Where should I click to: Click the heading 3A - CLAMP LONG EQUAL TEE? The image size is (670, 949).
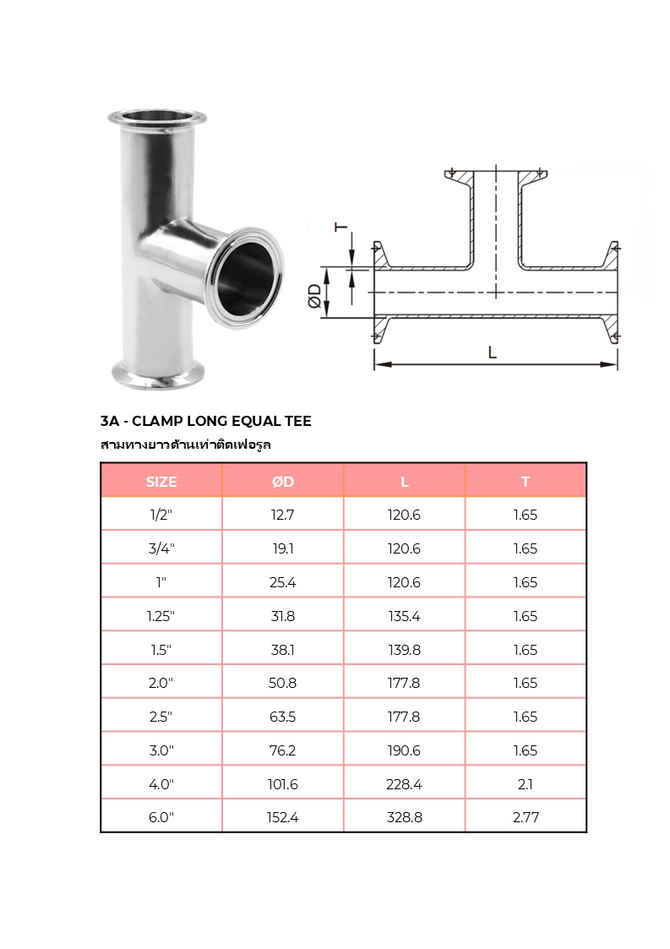point(205,421)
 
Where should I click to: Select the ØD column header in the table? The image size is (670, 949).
point(282,482)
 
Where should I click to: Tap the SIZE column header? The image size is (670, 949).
point(161,482)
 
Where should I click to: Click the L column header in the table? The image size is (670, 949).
point(404,482)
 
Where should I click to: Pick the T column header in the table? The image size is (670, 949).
point(525,482)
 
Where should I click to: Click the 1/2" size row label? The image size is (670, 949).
point(161,515)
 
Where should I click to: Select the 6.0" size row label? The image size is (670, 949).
point(161,817)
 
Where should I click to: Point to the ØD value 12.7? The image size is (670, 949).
point(282,515)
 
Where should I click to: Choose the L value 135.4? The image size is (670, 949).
point(404,616)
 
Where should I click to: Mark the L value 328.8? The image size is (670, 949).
point(404,817)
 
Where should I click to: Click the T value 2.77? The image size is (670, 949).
point(525,817)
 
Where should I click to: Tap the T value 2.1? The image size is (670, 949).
point(525,784)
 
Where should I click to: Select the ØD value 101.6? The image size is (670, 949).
point(282,784)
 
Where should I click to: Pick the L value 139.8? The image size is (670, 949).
point(404,650)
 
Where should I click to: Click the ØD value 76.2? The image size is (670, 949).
point(282,750)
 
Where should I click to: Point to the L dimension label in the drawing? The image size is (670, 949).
point(492,353)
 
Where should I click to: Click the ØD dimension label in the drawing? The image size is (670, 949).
point(314,297)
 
